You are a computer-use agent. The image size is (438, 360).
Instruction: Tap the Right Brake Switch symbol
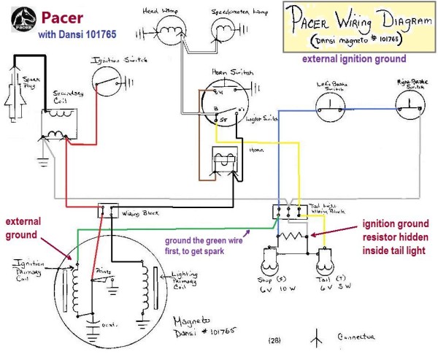(x=411, y=108)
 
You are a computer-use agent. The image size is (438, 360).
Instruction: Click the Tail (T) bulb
(x=326, y=261)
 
